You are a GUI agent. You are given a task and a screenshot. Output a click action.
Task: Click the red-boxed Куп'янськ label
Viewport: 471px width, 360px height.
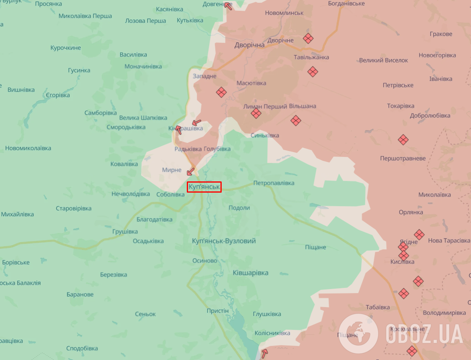click(204, 187)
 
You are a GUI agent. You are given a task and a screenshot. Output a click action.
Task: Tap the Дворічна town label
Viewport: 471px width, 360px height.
click(249, 45)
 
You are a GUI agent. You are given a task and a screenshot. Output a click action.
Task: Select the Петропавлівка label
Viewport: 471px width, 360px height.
click(274, 183)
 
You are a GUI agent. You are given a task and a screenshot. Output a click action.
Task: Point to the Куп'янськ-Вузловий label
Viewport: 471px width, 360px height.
click(224, 241)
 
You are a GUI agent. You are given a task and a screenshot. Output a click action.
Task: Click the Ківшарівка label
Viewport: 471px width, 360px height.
click(251, 273)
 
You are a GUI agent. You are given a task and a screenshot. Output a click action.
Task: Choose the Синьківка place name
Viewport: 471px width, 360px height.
click(265, 135)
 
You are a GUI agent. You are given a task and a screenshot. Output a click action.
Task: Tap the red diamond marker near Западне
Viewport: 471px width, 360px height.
click(221, 93)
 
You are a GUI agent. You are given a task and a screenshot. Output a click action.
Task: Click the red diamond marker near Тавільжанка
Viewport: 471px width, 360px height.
click(313, 72)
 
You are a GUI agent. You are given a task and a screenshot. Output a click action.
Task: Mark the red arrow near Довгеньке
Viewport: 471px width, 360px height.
click(228, 6)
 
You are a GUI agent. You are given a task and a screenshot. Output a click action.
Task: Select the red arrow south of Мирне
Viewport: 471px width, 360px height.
click(190, 172)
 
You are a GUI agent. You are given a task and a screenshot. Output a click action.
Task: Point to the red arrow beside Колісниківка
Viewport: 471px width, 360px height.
click(264, 354)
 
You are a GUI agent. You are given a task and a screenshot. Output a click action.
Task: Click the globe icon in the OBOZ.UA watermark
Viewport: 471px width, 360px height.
click(358, 334)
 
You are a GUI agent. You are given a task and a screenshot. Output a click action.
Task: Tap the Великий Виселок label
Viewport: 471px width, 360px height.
click(383, 60)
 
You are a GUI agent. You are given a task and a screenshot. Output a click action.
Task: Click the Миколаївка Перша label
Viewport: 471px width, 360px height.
click(85, 16)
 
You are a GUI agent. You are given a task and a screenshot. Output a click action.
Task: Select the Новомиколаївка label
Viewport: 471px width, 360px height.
click(28, 148)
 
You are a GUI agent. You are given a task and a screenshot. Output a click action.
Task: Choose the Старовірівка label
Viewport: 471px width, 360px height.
click(73, 208)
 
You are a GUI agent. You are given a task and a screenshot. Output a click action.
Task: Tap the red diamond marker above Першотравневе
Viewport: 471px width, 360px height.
click(403, 140)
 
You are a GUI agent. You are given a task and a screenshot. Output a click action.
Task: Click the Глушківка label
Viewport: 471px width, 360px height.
click(267, 314)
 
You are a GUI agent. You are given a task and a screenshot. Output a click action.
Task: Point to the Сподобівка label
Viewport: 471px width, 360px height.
click(82, 348)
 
